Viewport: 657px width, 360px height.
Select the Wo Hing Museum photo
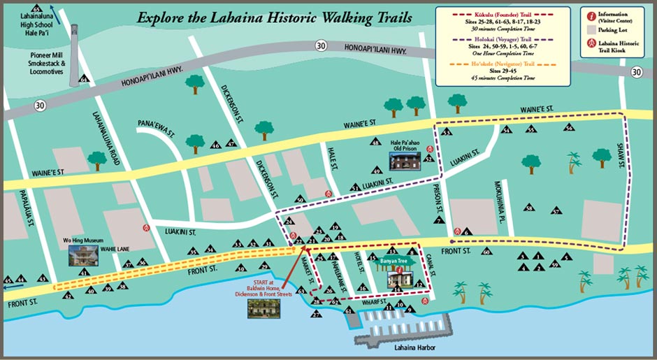click(84, 254)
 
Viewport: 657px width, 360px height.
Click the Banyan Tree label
click(396, 262)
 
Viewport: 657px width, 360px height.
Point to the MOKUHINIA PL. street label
click(499, 198)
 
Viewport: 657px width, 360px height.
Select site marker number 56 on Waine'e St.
click(569, 128)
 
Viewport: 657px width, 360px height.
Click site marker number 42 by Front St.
click(68, 295)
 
